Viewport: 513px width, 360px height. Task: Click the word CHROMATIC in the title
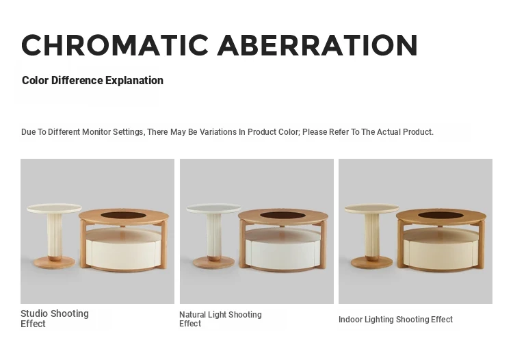[115, 45]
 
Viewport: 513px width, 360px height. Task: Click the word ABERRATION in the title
[317, 45]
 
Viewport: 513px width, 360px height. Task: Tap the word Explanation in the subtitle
[134, 81]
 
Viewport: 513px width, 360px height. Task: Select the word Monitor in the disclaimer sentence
[96, 132]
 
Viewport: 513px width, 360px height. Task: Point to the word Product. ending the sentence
[418, 132]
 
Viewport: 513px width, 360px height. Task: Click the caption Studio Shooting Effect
[55, 319]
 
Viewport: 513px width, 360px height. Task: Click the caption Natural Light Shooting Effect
[220, 319]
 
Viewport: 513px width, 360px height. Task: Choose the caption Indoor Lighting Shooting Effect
[395, 320]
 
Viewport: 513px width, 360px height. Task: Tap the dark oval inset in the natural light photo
[282, 216]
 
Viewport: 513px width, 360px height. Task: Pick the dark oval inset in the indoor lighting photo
[441, 216]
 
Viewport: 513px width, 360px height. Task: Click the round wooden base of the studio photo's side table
[54, 262]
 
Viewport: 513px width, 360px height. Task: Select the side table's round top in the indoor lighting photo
[371, 208]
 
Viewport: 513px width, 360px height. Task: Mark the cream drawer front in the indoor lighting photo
[440, 250]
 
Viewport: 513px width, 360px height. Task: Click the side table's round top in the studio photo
[54, 208]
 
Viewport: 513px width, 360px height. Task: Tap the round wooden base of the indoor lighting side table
[371, 262]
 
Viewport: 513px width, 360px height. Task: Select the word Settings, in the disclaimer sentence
[129, 132]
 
